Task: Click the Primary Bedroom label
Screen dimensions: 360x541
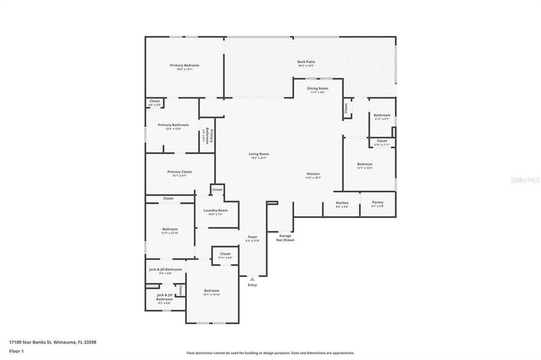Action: click(184, 65)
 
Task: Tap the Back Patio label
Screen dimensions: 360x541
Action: click(306, 62)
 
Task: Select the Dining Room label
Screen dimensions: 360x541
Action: click(318, 88)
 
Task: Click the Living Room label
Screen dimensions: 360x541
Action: click(259, 154)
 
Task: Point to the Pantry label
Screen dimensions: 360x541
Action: click(377, 203)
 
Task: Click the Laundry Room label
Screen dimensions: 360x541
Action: click(215, 211)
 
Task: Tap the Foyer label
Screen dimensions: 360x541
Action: click(253, 237)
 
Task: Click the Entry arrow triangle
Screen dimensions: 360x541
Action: click(252, 278)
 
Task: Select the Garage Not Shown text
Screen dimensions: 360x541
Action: click(285, 238)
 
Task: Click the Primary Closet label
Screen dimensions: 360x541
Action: click(179, 172)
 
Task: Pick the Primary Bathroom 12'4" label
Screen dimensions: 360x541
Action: click(174, 125)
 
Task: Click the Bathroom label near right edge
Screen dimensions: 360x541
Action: click(382, 115)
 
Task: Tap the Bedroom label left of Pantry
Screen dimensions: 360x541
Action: click(365, 164)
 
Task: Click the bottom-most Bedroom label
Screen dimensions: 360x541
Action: click(211, 290)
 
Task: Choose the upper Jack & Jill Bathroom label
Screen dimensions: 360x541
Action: click(165, 269)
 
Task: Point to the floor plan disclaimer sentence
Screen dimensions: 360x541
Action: click(270, 353)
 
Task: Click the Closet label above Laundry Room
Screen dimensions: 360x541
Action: click(217, 190)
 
